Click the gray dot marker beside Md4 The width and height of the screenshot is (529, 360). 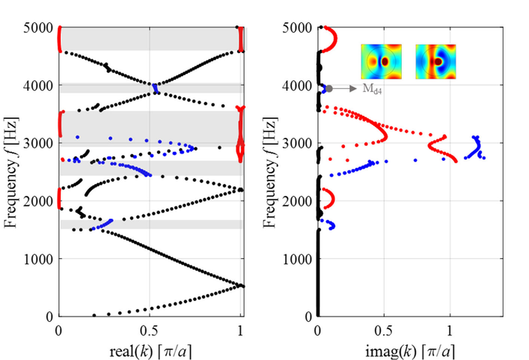[329, 88]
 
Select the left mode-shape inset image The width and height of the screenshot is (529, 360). [382, 61]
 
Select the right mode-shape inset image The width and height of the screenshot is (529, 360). [436, 61]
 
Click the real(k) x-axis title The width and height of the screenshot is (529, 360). [150, 350]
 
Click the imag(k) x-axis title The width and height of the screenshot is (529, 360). [409, 350]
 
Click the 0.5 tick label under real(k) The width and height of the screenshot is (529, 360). [150, 329]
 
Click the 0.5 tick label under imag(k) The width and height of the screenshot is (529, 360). [383, 329]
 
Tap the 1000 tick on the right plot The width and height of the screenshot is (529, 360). [301, 259]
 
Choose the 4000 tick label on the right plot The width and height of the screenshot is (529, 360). [301, 85]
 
